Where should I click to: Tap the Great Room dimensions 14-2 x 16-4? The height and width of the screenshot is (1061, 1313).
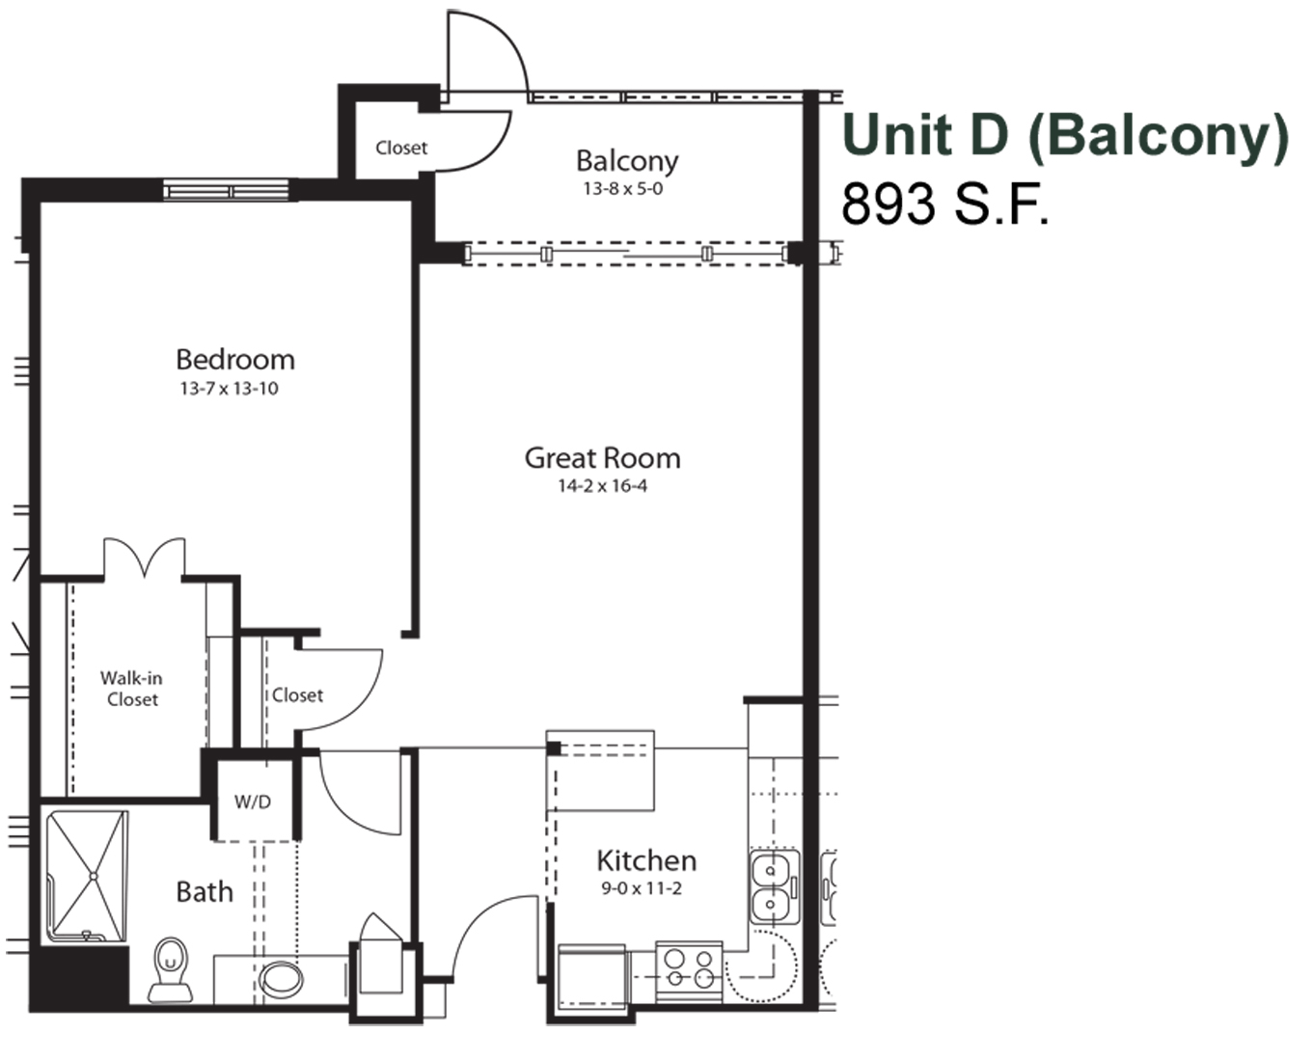click(x=602, y=486)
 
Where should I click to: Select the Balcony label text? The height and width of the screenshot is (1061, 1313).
click(x=627, y=161)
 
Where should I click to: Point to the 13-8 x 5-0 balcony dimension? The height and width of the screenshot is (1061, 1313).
click(x=622, y=189)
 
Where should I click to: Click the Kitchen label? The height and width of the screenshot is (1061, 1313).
click(x=646, y=860)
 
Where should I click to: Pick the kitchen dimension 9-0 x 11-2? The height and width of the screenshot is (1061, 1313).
click(x=642, y=888)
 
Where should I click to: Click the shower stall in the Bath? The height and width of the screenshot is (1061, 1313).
click(x=88, y=876)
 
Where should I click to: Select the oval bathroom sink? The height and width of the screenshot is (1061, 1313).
click(x=281, y=979)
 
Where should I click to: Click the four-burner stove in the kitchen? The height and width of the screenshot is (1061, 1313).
click(x=689, y=970)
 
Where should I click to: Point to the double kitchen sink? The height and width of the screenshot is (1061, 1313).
click(x=775, y=887)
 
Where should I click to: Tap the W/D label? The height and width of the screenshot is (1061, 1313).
click(x=253, y=802)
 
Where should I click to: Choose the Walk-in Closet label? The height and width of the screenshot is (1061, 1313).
click(x=131, y=689)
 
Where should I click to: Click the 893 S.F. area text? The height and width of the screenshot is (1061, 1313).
click(x=944, y=204)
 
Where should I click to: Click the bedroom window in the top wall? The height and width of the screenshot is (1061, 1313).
click(x=227, y=190)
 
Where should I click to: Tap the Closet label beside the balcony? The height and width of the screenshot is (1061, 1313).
click(x=401, y=148)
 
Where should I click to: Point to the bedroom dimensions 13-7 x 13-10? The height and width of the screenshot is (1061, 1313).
click(x=229, y=389)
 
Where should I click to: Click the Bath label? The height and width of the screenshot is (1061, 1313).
click(x=205, y=892)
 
